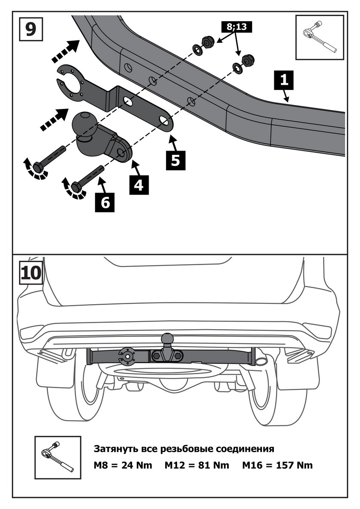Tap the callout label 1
click(x=284, y=79)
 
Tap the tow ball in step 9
click(x=84, y=124)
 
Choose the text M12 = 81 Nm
click(x=197, y=465)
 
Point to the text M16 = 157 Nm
click(x=277, y=465)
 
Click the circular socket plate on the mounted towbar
click(x=127, y=356)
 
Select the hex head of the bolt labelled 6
click(x=76, y=187)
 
